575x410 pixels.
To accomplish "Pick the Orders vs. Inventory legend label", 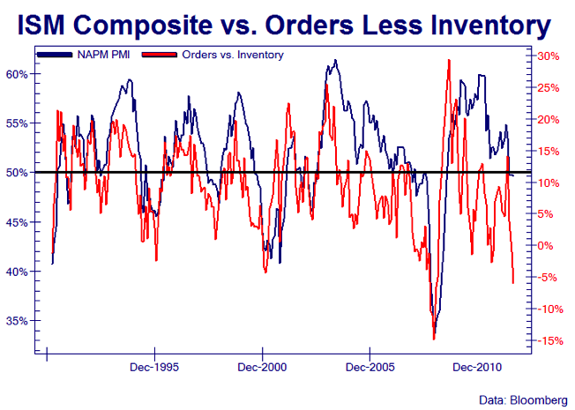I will point(233,55).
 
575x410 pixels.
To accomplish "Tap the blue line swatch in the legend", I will point(60,55).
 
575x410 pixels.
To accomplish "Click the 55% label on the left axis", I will point(18,123).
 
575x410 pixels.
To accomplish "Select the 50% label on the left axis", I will point(18,173).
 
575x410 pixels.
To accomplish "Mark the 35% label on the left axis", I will point(18,321).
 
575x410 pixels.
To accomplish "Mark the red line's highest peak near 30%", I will point(449,60).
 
